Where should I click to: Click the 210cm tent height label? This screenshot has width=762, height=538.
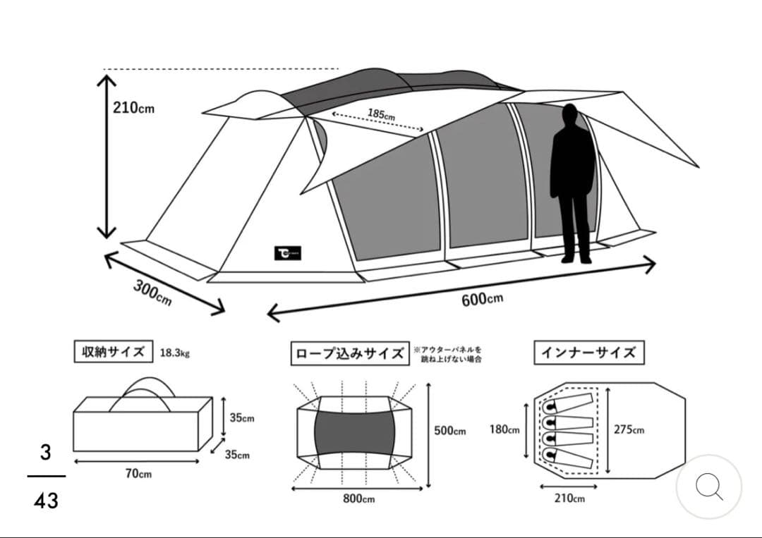[x=133, y=109]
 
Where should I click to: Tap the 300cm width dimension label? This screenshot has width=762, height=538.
[x=152, y=293]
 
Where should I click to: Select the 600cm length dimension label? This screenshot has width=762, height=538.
[x=483, y=299]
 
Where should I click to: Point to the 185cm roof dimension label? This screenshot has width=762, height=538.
[x=381, y=114]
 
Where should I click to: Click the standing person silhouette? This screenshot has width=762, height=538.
[x=572, y=184]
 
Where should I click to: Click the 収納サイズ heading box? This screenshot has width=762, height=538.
[x=113, y=351]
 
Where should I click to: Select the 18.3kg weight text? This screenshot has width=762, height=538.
[x=174, y=353]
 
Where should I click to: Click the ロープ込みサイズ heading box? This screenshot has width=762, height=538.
[x=349, y=353]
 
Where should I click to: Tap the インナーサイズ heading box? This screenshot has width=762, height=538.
[x=588, y=353]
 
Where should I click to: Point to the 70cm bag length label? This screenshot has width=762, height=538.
[x=138, y=474]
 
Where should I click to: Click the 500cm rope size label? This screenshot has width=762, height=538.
[x=449, y=431]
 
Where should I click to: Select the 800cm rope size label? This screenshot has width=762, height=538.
[x=358, y=499]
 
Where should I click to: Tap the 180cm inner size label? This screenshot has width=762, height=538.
[x=504, y=429]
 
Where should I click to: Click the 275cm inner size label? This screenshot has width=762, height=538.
[x=629, y=429]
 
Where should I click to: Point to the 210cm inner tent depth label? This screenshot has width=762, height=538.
[x=569, y=499]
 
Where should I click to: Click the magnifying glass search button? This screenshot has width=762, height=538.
[x=708, y=486]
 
